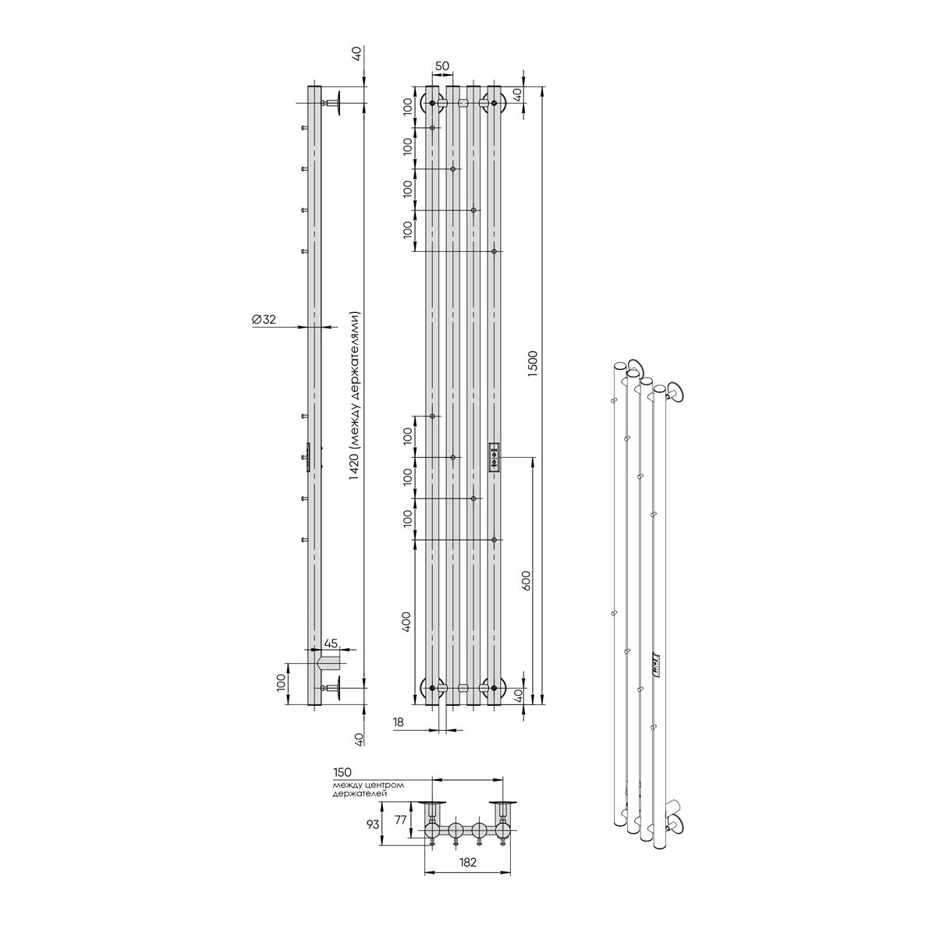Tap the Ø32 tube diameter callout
264,319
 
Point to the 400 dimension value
407,622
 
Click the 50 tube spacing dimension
442,66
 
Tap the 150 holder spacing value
342,772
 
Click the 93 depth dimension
373,824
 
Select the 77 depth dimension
400,821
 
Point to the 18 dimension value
398,736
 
